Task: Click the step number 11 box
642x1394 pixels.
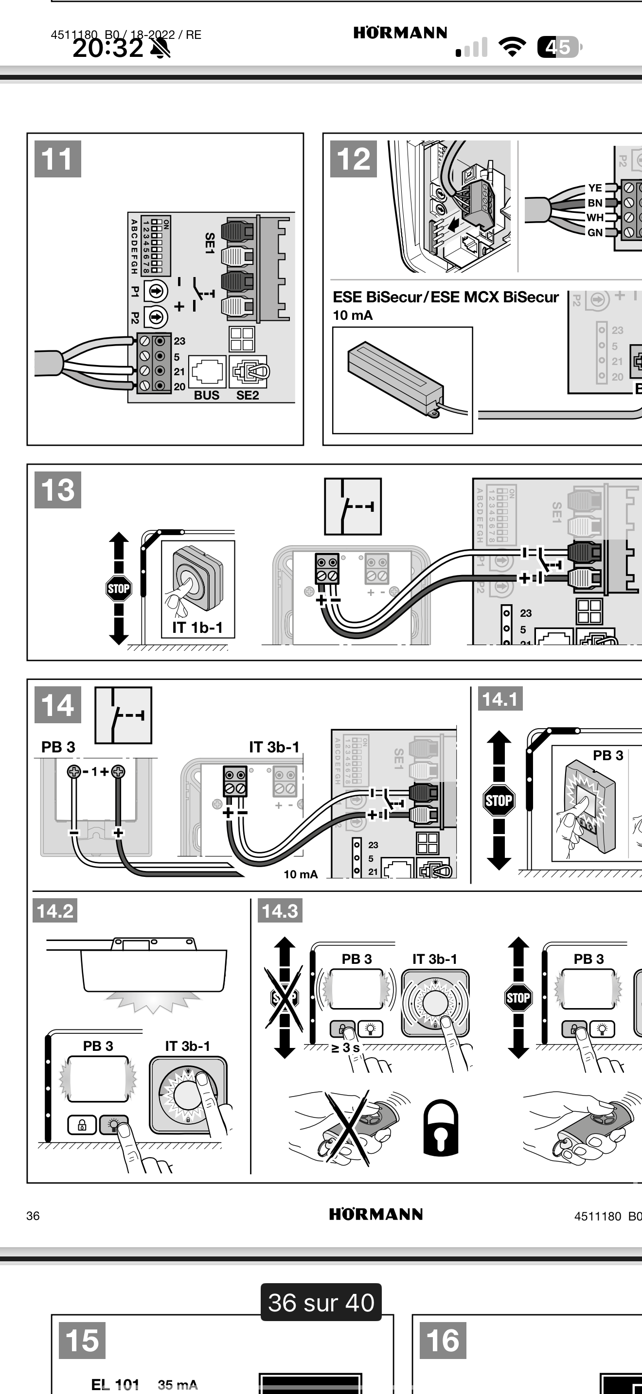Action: click(58, 159)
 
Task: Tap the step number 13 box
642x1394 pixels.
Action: click(58, 490)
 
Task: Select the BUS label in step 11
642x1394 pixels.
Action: click(207, 396)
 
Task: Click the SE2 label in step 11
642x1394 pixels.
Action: click(248, 396)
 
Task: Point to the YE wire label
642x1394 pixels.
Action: click(595, 188)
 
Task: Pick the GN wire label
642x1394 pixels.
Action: click(595, 233)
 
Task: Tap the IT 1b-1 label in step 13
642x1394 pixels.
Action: click(197, 627)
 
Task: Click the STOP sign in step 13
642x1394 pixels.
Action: click(119, 588)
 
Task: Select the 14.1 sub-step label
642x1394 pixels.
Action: click(499, 699)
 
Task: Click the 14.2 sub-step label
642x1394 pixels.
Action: click(54, 911)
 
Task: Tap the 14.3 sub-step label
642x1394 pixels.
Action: click(280, 911)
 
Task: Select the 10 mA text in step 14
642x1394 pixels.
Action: click(301, 874)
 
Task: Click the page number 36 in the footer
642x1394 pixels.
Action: click(33, 1216)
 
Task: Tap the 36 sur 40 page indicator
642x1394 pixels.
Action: click(321, 1303)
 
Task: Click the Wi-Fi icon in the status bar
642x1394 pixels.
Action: click(512, 47)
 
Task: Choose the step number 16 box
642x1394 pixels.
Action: click(443, 1341)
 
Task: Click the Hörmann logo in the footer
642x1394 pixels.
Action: click(375, 1214)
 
